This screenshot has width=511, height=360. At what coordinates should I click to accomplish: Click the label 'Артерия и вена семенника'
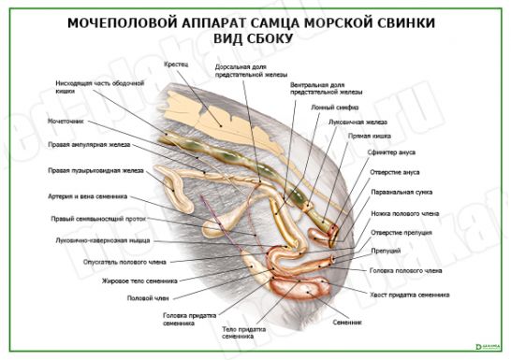pos(87,197)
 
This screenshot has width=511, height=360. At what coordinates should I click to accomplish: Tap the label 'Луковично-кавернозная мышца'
pos(97,240)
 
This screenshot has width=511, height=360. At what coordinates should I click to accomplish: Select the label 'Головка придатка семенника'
pos(182,320)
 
